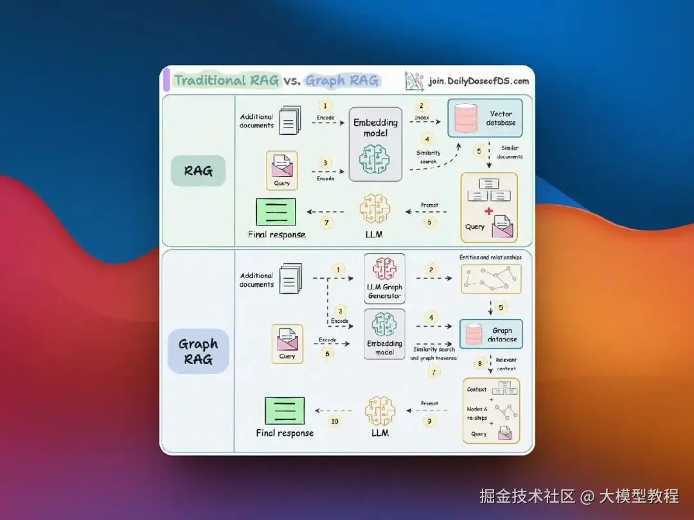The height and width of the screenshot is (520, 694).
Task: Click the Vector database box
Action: [x=485, y=118]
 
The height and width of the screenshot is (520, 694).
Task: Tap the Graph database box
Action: [x=490, y=334]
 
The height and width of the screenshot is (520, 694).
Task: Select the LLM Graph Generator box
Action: [x=384, y=277]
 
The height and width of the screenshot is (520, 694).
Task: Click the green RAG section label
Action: [x=199, y=171]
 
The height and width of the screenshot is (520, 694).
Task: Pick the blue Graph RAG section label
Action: [x=198, y=351]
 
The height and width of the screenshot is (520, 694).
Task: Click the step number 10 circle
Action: [x=334, y=420]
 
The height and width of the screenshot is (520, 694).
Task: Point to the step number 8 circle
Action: [x=479, y=363]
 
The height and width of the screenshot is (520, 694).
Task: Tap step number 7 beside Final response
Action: [x=326, y=223]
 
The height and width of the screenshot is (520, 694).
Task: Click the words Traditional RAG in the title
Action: [x=227, y=80]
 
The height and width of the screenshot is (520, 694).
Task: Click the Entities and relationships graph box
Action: [x=491, y=279]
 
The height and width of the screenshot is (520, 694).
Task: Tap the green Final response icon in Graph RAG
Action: [x=285, y=410]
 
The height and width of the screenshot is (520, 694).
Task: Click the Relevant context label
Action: [x=506, y=364]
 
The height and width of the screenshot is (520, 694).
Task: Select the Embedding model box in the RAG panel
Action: [x=376, y=144]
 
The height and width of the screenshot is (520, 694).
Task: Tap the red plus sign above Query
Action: [x=489, y=211]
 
